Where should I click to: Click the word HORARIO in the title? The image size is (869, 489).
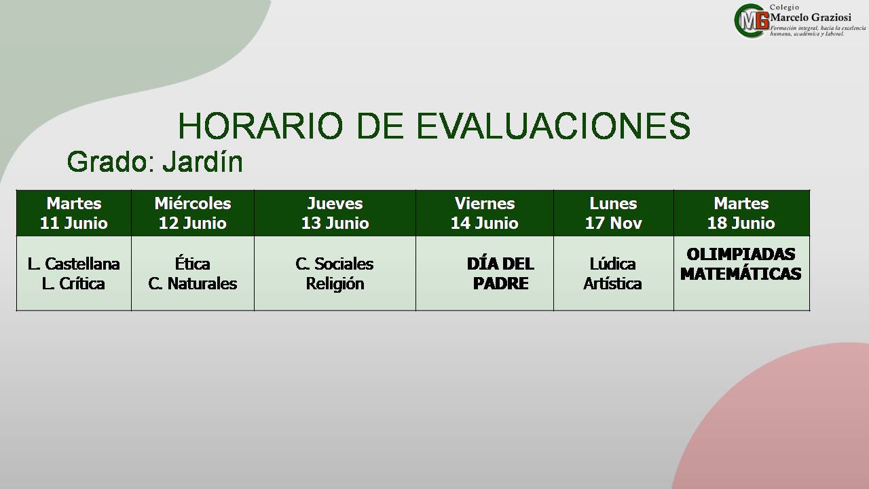click(261, 126)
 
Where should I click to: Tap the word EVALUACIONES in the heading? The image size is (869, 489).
click(553, 126)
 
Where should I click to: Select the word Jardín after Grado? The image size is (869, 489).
click(202, 162)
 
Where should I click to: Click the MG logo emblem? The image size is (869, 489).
click(752, 20)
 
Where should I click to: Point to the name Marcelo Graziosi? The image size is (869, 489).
click(811, 18)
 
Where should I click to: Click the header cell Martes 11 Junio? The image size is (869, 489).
click(74, 213)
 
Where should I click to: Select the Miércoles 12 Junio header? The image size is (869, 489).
click(193, 213)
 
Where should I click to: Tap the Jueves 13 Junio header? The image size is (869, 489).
click(335, 213)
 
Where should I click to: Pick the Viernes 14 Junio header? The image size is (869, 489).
click(485, 213)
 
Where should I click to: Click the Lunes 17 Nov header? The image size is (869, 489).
click(613, 213)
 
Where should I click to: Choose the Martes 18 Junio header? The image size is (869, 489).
click(741, 213)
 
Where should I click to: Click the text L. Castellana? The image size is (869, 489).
click(74, 264)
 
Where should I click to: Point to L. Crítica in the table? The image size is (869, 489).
click(74, 284)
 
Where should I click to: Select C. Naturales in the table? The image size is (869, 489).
click(192, 284)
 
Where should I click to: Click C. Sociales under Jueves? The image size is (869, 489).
click(335, 264)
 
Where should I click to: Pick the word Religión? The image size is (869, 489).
click(335, 284)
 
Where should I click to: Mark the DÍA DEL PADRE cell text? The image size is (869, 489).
click(500, 273)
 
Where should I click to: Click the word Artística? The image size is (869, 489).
click(612, 284)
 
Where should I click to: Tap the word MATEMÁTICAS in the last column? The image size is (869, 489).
click(741, 274)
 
